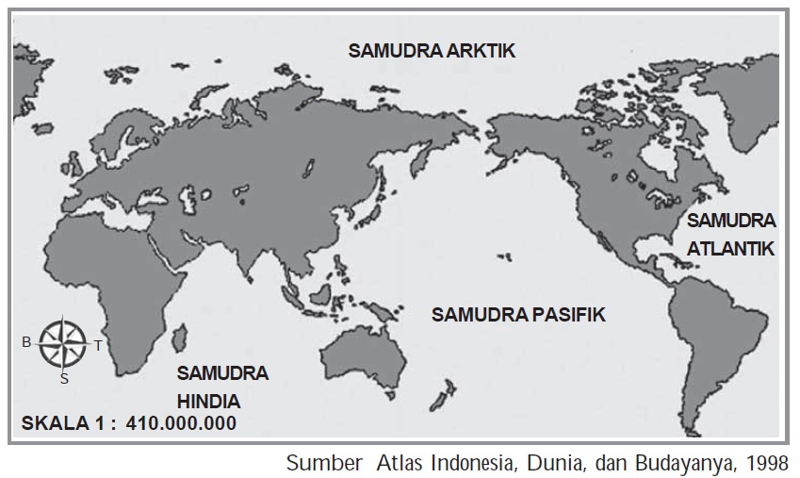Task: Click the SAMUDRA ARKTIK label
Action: point(432,51)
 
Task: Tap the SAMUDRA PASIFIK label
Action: point(518,315)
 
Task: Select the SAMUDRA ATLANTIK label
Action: point(730,235)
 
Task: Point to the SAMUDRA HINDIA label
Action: point(222,386)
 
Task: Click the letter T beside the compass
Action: point(97,346)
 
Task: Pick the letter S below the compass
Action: point(64,379)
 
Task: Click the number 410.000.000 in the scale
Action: point(181,423)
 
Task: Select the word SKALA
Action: point(51,423)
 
